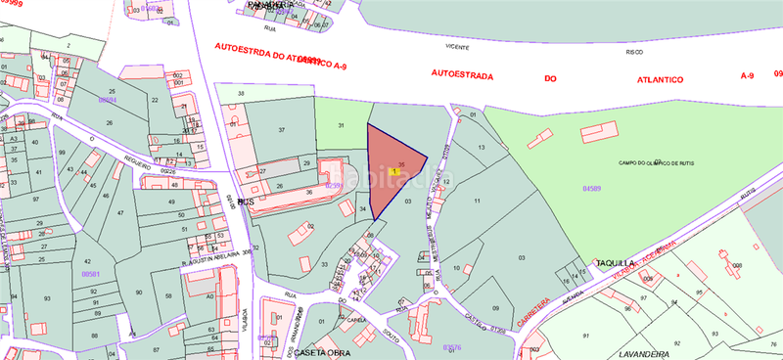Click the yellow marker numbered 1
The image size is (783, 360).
pos(393,171)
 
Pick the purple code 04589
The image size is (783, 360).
pos(592,186)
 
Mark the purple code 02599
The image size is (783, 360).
pos(335,184)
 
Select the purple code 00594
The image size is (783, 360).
pos(107,100)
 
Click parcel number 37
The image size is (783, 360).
pos(281,129)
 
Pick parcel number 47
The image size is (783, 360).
pos(120,211)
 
